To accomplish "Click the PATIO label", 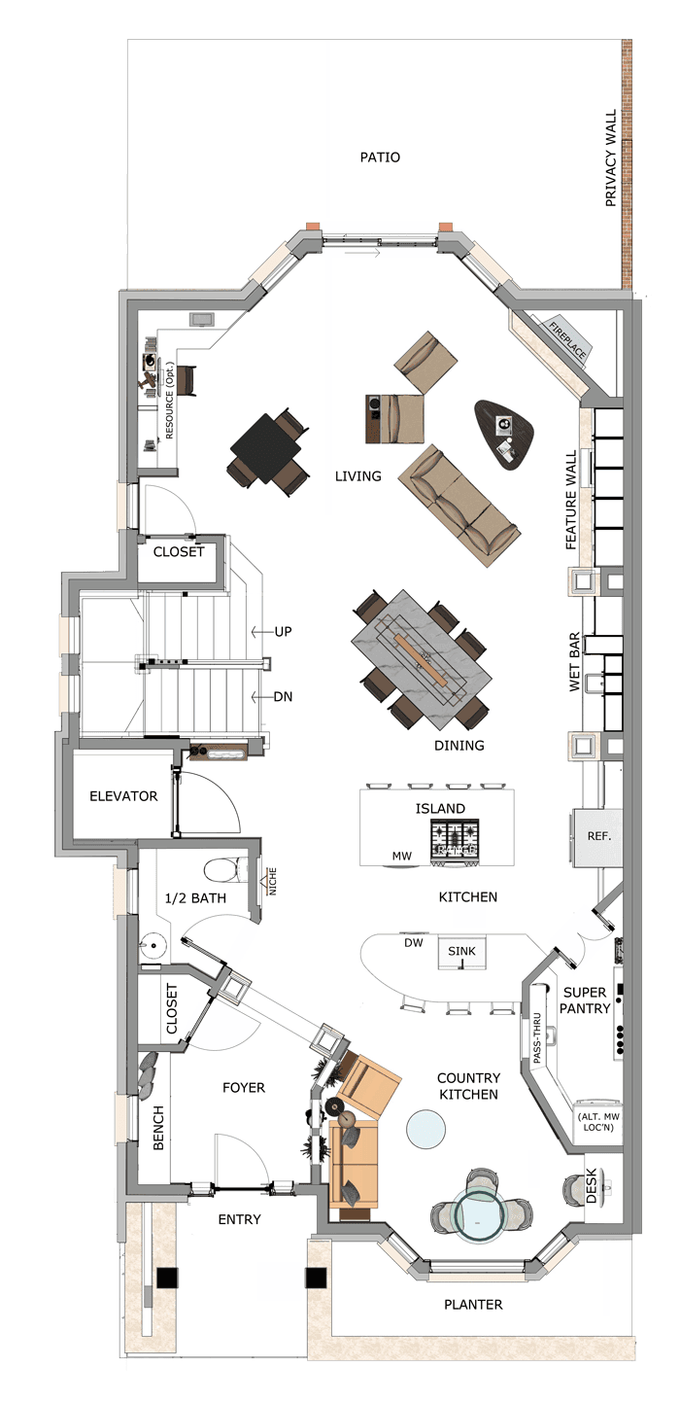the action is pos(380,158).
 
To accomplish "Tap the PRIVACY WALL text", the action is pos(611,158).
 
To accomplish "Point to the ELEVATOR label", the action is pos(123,796).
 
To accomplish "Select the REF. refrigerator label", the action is pos(598,835).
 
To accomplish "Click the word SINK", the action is pos(461,951).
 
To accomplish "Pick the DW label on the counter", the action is pos(414,942).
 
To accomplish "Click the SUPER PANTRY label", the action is pos(584,1000).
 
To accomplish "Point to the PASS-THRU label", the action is pos(537,1038).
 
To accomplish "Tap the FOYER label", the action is pos(244,1088).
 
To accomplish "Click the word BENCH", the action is pos(158,1127).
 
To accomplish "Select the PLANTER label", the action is pos(473,1305).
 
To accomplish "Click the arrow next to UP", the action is pos(262,632).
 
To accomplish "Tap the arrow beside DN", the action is pos(261,696).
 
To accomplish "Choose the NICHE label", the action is pos(272,881).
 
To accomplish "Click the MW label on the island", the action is pos(401,856).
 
